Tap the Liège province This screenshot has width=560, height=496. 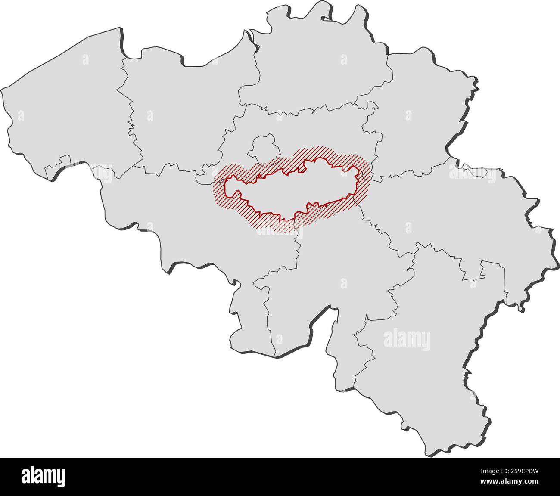point(452,215)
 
